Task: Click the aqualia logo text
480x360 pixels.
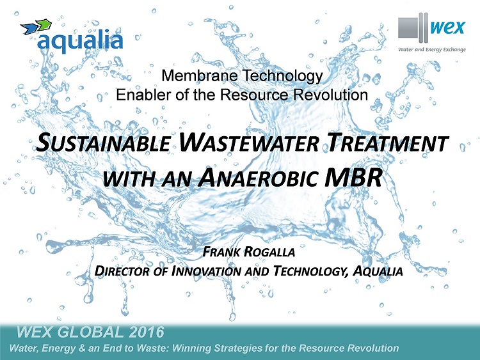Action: click(80, 42)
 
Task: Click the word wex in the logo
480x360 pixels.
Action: click(447, 28)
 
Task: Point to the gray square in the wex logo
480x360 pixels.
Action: click(408, 28)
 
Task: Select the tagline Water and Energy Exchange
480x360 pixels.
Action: click(431, 49)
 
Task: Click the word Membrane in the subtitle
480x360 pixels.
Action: click(199, 75)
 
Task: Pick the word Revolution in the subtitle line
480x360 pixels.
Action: click(331, 95)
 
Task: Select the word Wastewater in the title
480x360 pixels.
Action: click(249, 142)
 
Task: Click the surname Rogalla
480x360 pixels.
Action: click(269, 252)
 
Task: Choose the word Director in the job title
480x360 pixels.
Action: click(122, 271)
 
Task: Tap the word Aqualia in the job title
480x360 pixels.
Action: click(378, 271)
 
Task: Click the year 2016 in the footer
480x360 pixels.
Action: click(147, 332)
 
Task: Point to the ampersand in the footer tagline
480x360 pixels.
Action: click(82, 348)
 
